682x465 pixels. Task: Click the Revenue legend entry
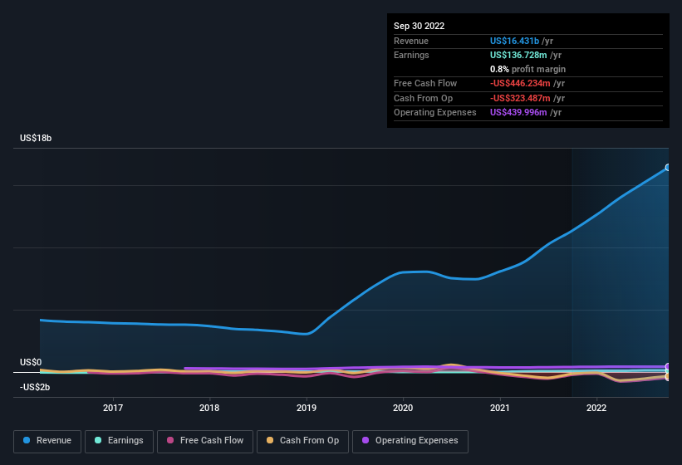tap(47, 441)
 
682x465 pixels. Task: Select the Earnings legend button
tap(118, 441)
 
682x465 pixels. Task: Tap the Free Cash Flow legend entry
tap(205, 441)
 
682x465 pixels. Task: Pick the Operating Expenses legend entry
tap(410, 441)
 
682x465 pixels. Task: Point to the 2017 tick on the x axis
tap(113, 408)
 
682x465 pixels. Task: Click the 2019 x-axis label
tap(307, 408)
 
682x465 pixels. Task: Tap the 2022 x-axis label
tap(596, 408)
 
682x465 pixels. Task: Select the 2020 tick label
tap(403, 408)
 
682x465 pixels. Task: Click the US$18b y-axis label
tap(36, 138)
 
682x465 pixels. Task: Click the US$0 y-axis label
tap(31, 363)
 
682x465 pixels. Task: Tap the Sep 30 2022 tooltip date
tap(419, 26)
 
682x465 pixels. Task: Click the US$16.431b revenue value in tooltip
tap(514, 41)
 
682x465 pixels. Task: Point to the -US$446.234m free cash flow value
tap(520, 84)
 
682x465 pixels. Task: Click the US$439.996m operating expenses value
tap(518, 112)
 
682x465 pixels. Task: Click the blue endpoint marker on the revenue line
tap(668, 168)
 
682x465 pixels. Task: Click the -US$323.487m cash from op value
tap(520, 98)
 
